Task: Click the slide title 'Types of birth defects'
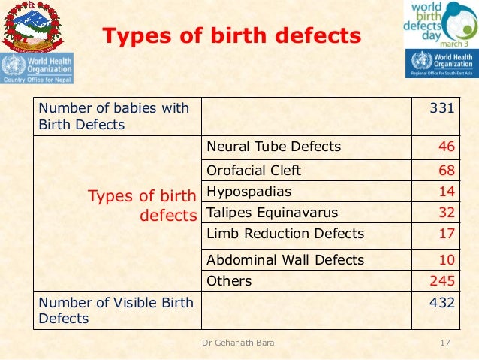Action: pos(231,36)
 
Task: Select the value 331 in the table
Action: pos(442,108)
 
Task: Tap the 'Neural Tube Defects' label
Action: pos(273,147)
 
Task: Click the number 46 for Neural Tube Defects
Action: pos(447,147)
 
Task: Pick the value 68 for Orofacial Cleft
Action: pos(447,171)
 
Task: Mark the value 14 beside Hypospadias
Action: pos(447,192)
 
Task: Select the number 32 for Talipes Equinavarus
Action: pos(447,213)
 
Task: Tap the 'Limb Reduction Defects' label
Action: pos(285,234)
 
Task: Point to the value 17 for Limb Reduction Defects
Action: pos(447,234)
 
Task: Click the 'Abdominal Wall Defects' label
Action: pos(285,260)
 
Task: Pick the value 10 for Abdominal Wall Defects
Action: pos(447,260)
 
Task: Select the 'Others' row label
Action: pos(229,281)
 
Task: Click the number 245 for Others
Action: pos(442,281)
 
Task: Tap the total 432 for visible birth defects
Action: pos(442,303)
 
